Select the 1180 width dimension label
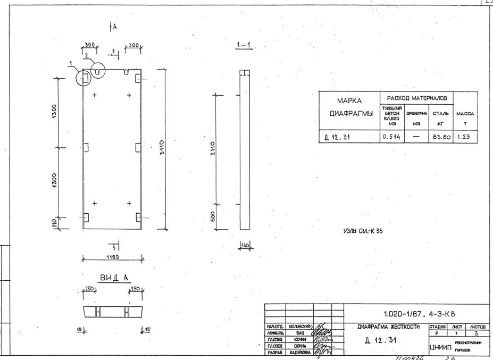click(112, 256)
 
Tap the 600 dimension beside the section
click(213, 217)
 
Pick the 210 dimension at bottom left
click(54, 223)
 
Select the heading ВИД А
click(114, 278)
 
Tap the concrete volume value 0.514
click(391, 137)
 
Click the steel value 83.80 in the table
click(441, 137)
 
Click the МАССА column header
click(465, 113)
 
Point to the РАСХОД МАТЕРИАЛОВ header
click(417, 98)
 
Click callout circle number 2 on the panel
click(98, 70)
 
